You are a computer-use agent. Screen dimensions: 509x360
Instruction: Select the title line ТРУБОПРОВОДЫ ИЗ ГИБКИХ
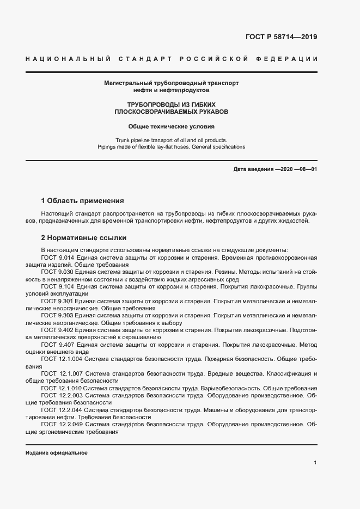click(x=172, y=103)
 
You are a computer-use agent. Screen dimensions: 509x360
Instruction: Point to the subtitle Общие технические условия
click(x=172, y=126)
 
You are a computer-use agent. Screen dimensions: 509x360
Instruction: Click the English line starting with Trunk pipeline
click(x=172, y=139)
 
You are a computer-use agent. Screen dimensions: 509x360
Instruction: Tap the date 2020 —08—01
click(x=298, y=169)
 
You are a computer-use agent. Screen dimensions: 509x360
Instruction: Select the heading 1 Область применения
click(x=83, y=200)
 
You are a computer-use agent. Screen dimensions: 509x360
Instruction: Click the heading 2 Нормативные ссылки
click(x=84, y=238)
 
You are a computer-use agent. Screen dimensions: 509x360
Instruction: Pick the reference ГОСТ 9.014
click(x=57, y=256)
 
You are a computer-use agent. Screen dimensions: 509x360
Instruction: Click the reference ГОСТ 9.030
click(x=57, y=271)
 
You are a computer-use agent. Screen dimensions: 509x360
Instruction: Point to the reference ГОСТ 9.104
click(x=57, y=286)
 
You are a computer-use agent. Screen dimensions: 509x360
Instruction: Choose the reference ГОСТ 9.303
click(x=57, y=315)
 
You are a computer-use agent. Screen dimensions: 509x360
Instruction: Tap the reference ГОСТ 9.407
click(x=57, y=345)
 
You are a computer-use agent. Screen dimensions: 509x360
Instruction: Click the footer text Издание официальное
click(x=57, y=453)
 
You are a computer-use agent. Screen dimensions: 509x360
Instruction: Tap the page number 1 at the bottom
click(x=315, y=463)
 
